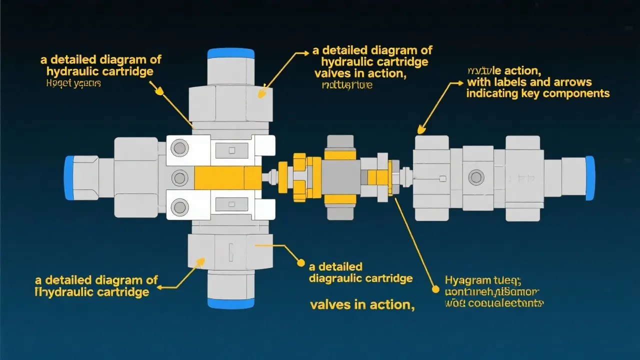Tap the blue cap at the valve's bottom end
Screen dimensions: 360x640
[x=230, y=303]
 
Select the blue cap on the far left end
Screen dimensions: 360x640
[x=69, y=177]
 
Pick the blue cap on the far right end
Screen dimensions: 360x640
[x=590, y=177]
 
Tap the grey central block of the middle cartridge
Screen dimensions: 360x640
[x=340, y=177]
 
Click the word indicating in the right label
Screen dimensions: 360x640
[x=490, y=93]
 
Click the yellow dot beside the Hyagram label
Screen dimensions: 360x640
[x=435, y=289]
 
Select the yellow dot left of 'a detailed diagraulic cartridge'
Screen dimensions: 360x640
[x=300, y=262]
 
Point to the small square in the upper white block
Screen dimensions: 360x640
[x=231, y=150]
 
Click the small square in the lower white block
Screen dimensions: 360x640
[x=231, y=204]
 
